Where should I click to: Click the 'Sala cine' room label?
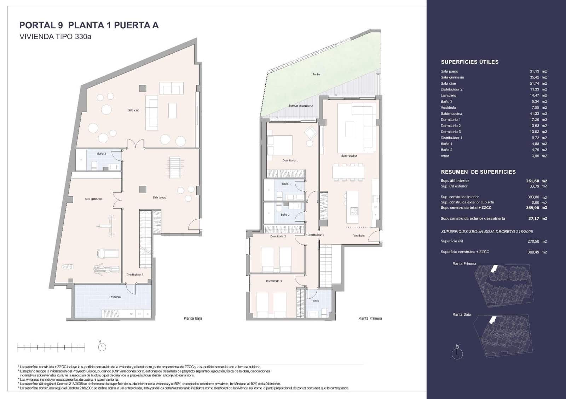point(134,110)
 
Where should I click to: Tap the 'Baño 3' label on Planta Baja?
point(102,154)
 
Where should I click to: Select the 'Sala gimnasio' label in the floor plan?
point(94,199)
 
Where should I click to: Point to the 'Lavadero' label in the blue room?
point(115,297)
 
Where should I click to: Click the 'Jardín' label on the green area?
point(316,74)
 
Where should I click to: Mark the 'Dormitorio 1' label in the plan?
point(290,160)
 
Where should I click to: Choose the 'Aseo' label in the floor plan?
point(316,301)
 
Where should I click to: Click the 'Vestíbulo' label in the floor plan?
point(359,236)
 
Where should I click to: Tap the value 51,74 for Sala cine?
point(534,83)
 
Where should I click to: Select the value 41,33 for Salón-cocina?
point(534,114)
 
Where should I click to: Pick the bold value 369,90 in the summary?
point(532,208)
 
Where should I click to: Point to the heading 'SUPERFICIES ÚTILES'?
point(469,62)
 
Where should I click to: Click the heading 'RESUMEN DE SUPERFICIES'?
point(478,172)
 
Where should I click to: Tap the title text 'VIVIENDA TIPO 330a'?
point(55,36)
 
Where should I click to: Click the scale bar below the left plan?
point(51,347)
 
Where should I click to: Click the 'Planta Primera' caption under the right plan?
point(370,318)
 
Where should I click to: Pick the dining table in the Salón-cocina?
point(348,172)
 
